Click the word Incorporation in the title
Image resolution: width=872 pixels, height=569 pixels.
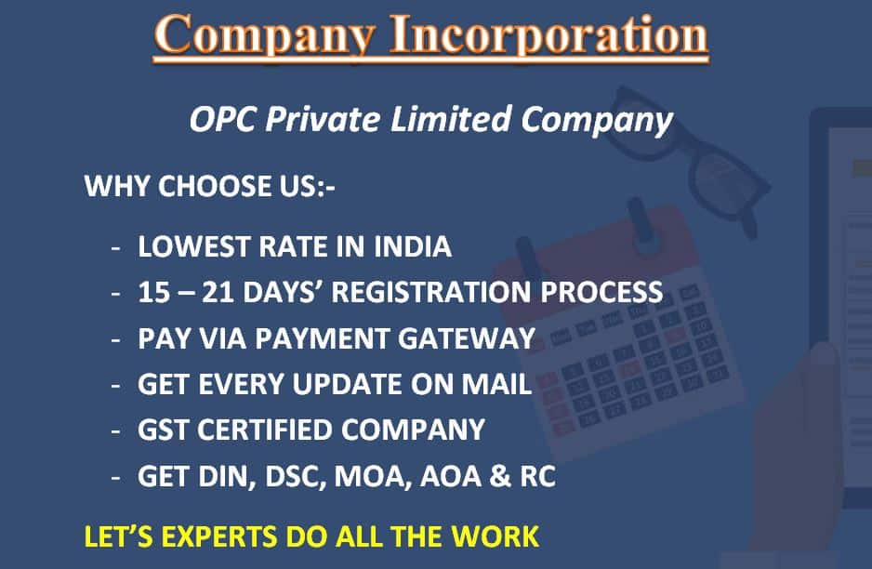coord(548,35)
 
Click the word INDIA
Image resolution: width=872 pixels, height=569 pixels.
coord(413,246)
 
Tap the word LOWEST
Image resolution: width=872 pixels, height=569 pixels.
coord(193,246)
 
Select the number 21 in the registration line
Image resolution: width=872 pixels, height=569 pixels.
coord(218,292)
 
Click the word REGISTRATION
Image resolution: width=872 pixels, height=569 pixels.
coord(431,292)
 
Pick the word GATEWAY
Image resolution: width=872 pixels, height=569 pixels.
coord(467,338)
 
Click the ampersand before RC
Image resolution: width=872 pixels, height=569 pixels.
coord(500,476)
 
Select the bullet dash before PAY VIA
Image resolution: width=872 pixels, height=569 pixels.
coord(115,339)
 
